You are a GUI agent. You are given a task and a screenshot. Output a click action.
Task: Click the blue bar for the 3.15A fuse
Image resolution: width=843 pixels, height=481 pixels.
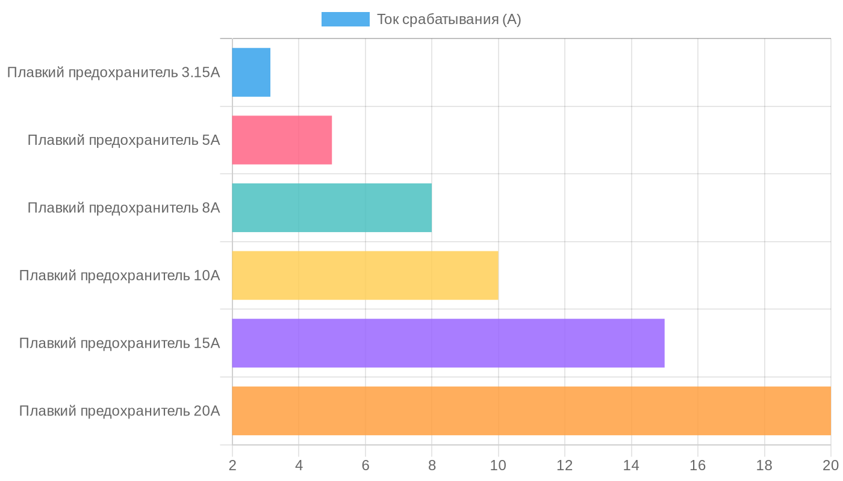pyautogui.click(x=251, y=72)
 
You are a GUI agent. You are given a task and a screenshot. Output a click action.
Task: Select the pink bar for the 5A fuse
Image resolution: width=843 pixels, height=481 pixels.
pyautogui.click(x=282, y=140)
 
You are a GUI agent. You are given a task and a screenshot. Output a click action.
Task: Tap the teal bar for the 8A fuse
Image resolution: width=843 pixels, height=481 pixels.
pyautogui.click(x=332, y=207)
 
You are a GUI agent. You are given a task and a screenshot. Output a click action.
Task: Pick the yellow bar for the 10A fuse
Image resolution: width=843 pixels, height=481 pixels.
pyautogui.click(x=365, y=275)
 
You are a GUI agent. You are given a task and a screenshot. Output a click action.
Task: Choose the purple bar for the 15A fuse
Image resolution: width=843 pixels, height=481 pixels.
pyautogui.click(x=448, y=343)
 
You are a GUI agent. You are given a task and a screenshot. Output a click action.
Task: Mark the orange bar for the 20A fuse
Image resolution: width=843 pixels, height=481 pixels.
pyautogui.click(x=531, y=411)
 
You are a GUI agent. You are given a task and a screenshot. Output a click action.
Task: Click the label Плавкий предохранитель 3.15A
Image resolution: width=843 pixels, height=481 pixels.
pyautogui.click(x=113, y=73)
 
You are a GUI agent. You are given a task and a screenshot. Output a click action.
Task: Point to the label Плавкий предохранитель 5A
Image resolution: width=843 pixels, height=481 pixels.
pyautogui.click(x=123, y=140)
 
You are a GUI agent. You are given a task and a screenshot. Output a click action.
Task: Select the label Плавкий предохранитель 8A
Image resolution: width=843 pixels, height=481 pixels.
pyautogui.click(x=123, y=208)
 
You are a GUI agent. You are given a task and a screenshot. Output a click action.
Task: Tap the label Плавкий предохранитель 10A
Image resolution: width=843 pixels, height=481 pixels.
pyautogui.click(x=119, y=275)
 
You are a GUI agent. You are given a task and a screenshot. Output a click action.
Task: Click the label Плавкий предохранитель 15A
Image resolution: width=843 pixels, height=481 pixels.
pyautogui.click(x=119, y=343)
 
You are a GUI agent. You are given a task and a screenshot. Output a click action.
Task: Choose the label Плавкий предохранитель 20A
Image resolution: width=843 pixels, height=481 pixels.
pyautogui.click(x=119, y=411)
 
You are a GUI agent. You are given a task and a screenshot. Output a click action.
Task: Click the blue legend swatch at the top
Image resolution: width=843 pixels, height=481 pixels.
pyautogui.click(x=345, y=19)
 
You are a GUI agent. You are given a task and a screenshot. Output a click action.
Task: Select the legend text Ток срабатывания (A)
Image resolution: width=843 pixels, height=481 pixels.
pyautogui.click(x=449, y=19)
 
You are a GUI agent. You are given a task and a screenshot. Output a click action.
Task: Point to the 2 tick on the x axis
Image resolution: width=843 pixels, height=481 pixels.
pyautogui.click(x=232, y=465)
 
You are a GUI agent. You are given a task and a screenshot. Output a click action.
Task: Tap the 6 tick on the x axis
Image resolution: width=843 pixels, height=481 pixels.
pyautogui.click(x=366, y=465)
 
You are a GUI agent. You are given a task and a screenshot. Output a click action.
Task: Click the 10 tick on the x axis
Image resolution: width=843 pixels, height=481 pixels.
pyautogui.click(x=498, y=465)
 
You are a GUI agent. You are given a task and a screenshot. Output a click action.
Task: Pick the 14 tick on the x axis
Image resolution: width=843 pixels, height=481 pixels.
pyautogui.click(x=631, y=465)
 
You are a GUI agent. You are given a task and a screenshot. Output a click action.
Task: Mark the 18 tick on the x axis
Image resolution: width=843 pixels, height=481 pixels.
pyautogui.click(x=764, y=465)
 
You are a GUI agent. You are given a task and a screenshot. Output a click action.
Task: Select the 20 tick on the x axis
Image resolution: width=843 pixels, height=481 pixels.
pyautogui.click(x=830, y=465)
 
